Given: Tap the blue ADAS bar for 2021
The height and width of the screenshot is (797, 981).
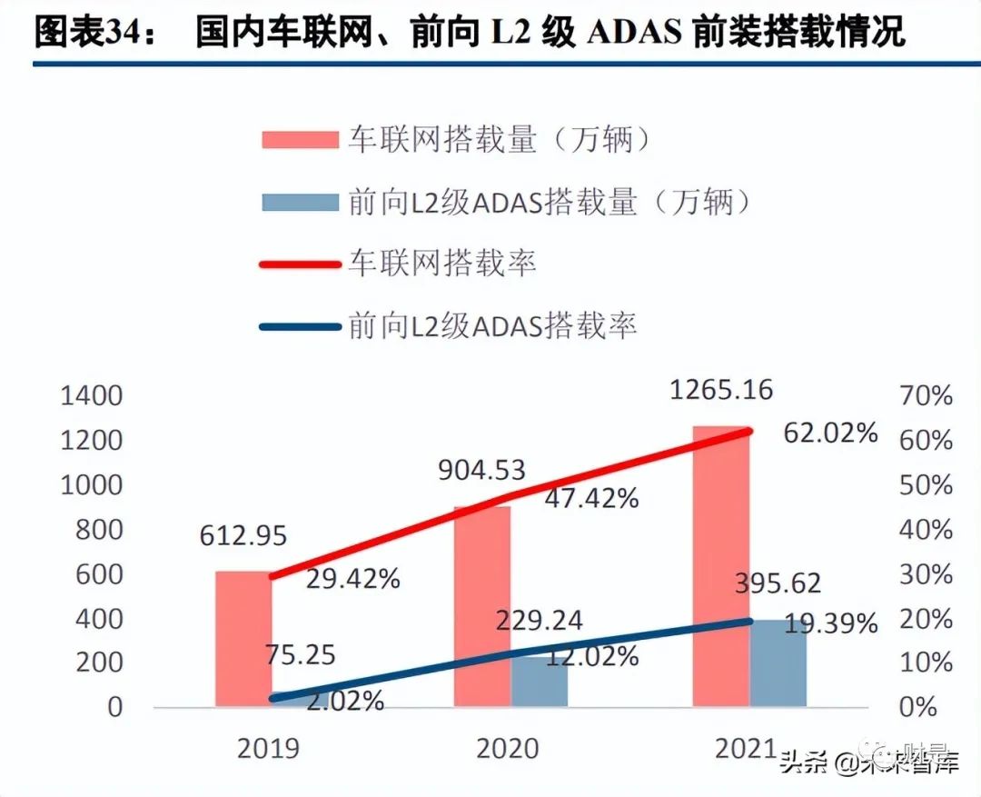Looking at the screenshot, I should (778, 663).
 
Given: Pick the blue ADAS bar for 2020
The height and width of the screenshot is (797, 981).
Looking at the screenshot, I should (540, 682).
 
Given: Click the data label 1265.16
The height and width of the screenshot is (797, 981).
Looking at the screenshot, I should (721, 391).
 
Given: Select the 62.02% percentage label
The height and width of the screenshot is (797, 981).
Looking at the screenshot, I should (830, 433).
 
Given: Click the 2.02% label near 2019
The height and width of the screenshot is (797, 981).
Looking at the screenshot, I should (342, 701).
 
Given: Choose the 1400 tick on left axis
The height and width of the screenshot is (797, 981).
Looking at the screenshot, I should (91, 396).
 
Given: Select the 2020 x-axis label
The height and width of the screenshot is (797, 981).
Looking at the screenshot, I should (507, 748).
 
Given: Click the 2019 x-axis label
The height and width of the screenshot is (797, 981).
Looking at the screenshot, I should (268, 748).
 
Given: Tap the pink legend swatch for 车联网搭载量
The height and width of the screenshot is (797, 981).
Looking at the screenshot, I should (299, 140).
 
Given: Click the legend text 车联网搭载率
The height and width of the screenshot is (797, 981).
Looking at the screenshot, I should (442, 264).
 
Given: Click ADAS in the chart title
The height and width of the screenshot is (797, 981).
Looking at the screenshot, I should (634, 33).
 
